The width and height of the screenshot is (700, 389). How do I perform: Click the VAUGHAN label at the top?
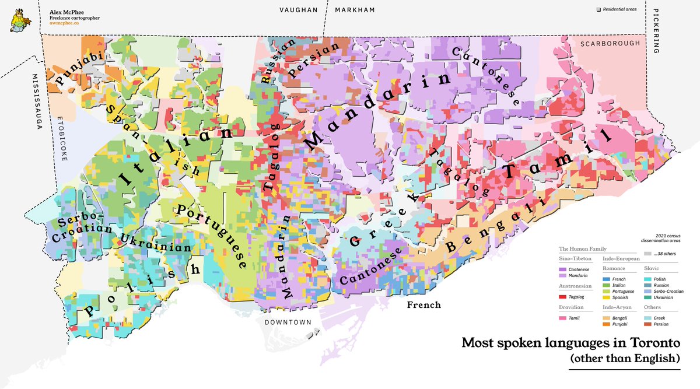tap(298, 10)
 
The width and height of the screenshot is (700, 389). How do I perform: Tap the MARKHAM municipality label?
tap(355, 10)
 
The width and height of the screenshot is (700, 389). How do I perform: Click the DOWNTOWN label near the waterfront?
tap(284, 322)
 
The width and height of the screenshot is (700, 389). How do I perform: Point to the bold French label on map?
tap(423, 305)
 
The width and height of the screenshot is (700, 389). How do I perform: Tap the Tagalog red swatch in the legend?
tap(563, 297)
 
